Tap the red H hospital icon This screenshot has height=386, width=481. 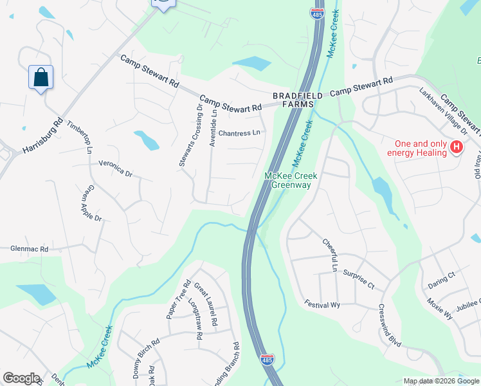[x=457, y=147]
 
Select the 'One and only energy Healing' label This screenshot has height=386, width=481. [x=417, y=148]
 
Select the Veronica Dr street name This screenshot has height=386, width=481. [x=115, y=169]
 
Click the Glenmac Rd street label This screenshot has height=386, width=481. [x=29, y=248]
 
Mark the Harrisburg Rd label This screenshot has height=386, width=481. [x=42, y=136]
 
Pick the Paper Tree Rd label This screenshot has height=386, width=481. [x=178, y=300]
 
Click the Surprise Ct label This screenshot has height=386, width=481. [x=359, y=277]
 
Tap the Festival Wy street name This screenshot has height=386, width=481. [x=323, y=305]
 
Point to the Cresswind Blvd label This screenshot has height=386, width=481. [x=390, y=326]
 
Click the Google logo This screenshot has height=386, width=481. [x=21, y=378]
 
